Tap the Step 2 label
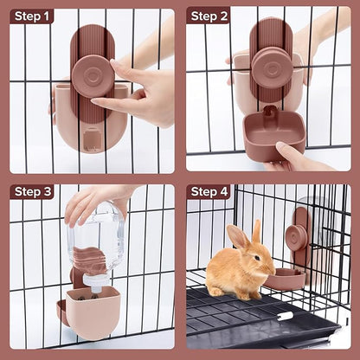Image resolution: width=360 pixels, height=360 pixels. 209,16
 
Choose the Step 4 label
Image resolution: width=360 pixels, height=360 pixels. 209,191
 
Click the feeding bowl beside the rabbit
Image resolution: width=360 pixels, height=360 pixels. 285,279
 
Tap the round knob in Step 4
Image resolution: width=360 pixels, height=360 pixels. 296,236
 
